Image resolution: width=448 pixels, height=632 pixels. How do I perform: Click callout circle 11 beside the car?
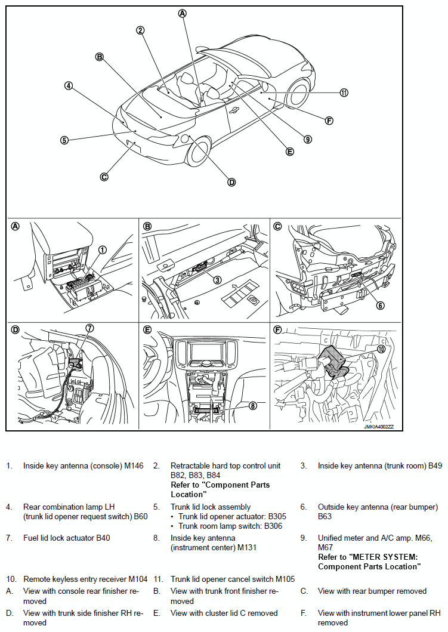(x=344, y=93)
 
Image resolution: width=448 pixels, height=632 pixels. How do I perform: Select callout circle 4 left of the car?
(x=69, y=85)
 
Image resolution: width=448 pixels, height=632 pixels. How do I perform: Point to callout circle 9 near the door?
(x=307, y=139)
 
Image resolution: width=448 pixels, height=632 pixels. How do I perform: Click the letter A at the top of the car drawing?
(x=183, y=13)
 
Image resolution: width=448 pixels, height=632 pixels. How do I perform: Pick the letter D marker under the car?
(x=231, y=182)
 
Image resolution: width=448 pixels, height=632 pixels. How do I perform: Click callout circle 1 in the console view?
(x=103, y=250)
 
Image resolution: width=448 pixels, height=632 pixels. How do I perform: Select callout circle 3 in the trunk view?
(x=217, y=279)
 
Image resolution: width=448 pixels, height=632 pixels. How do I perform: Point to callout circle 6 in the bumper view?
(x=380, y=306)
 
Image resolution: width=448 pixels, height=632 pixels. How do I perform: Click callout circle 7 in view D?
(x=89, y=328)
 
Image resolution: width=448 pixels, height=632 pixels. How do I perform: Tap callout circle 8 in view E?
(x=253, y=405)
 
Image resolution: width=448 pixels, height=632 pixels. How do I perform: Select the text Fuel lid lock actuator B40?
(x=66, y=538)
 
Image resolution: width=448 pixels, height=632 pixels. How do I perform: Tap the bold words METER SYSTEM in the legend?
(x=380, y=557)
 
